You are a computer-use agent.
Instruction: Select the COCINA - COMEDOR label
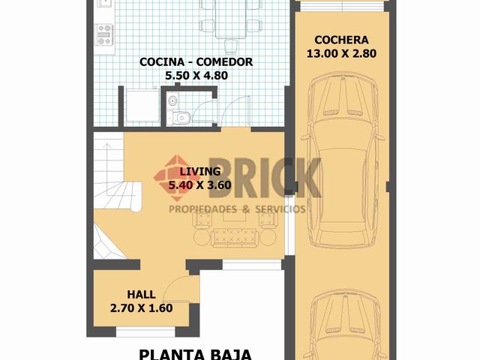coord(196,61)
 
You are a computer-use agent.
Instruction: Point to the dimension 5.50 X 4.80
coord(196,75)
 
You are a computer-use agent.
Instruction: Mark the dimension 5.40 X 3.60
coord(198,184)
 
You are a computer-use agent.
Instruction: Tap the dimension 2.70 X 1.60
coord(141,307)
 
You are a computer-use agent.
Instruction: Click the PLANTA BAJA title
coord(195,353)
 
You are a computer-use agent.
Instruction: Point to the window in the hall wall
coord(145,331)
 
